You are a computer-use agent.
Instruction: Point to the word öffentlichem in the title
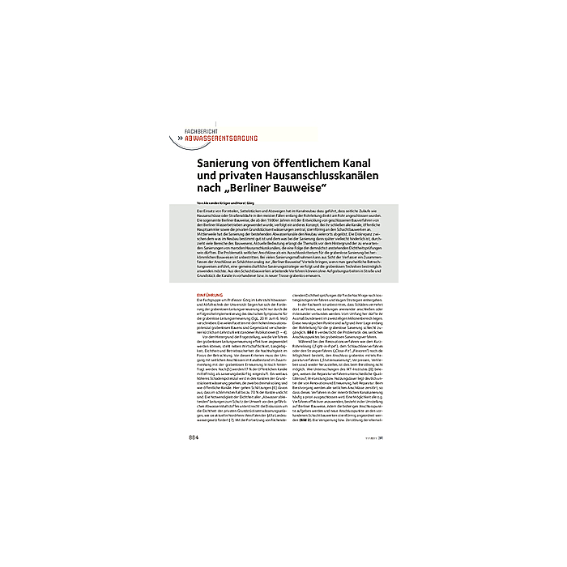(318, 162)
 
